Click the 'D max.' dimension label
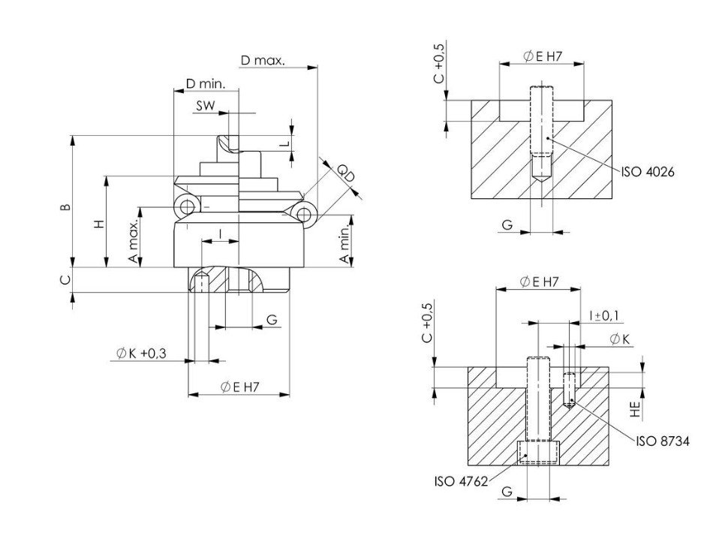pos(263,61)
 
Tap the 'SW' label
pos(205,106)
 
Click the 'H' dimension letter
pos(98,224)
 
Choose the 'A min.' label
pos(344,245)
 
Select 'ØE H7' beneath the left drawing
pos(240,387)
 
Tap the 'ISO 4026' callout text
pos(648,172)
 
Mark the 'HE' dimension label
pos(635,408)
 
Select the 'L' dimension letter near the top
pos(283,143)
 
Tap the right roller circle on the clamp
pos(304,215)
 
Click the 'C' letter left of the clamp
pos(65,279)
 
